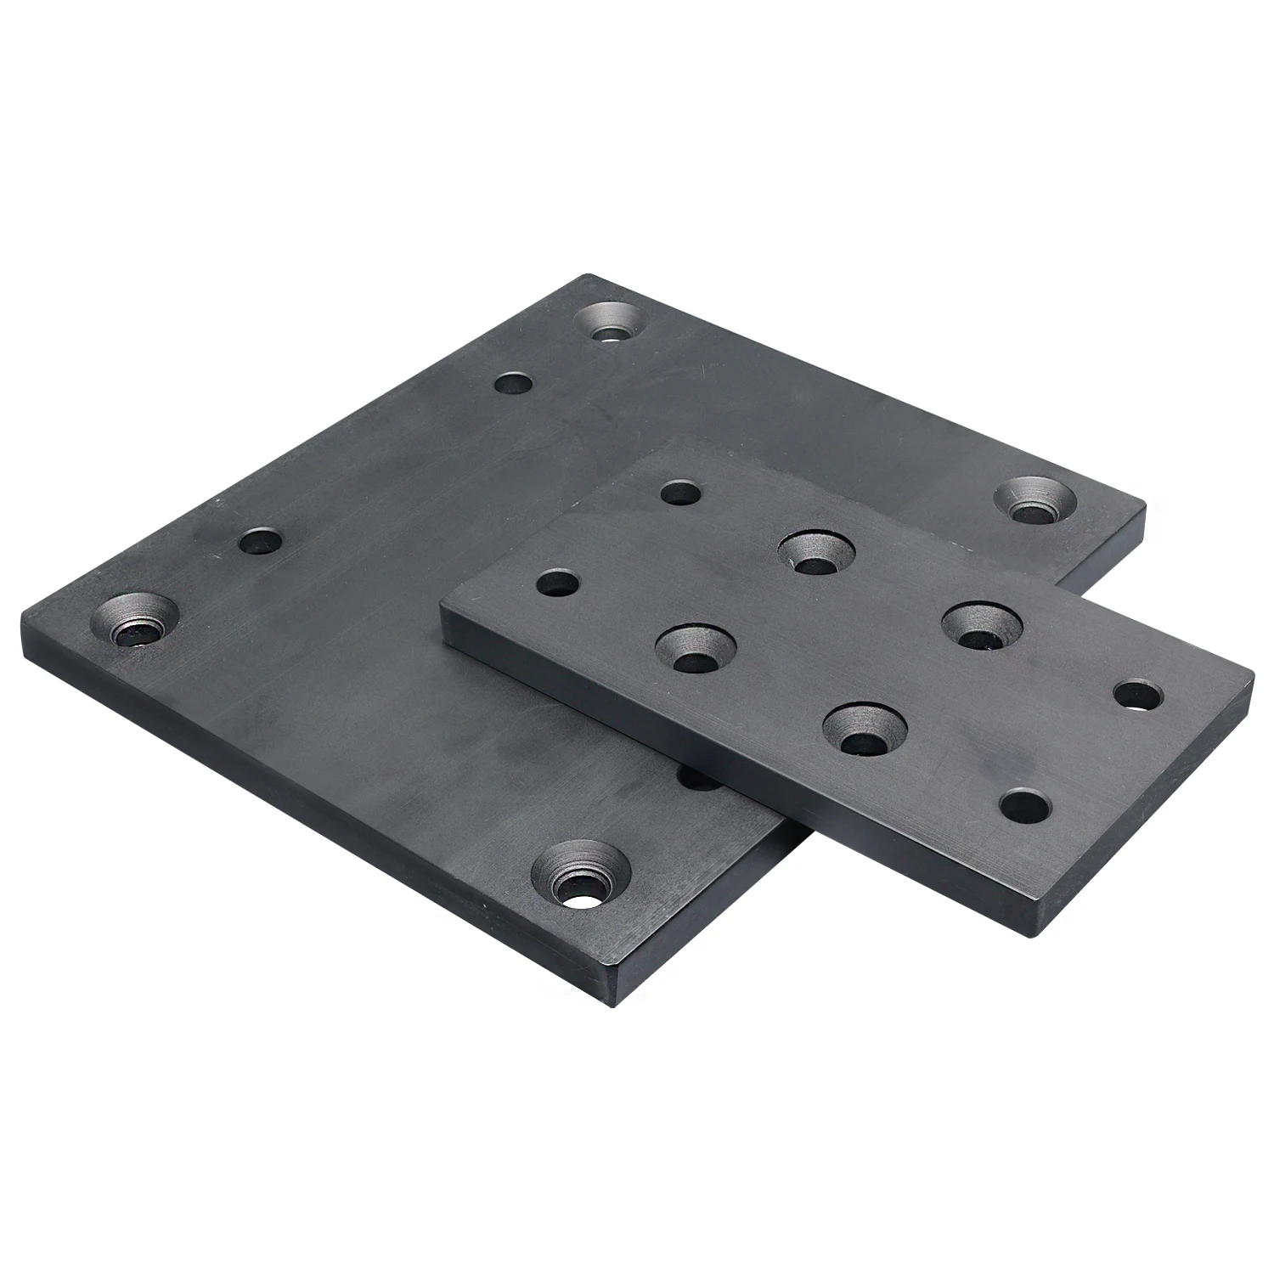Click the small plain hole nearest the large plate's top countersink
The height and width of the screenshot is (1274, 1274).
pos(513,385)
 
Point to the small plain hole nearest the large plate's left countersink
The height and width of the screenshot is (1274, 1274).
pos(260,541)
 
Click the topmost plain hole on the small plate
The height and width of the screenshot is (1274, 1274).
pos(680,493)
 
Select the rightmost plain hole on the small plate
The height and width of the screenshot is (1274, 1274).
pos(1138,696)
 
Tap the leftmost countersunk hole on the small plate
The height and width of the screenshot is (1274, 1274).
pos(696,649)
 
